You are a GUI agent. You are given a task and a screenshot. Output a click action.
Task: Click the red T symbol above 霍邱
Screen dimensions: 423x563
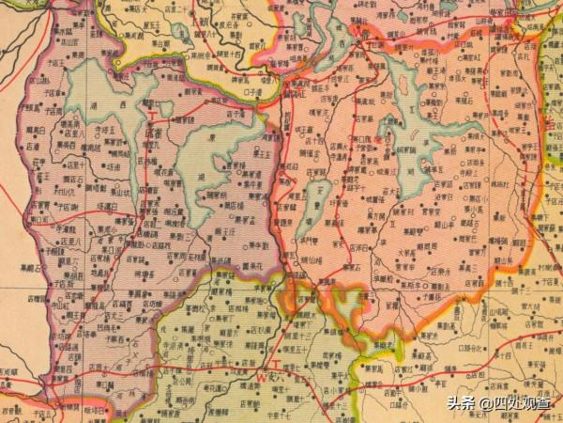[x=153, y=117]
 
